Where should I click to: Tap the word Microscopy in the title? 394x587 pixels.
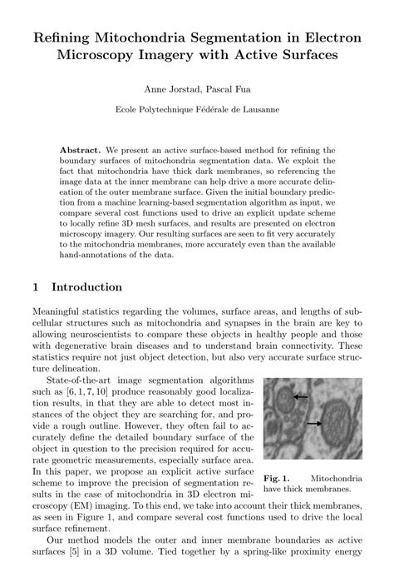click(102, 55)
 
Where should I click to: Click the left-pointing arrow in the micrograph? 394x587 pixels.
click(300, 397)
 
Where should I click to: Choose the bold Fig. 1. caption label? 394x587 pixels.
click(276, 479)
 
